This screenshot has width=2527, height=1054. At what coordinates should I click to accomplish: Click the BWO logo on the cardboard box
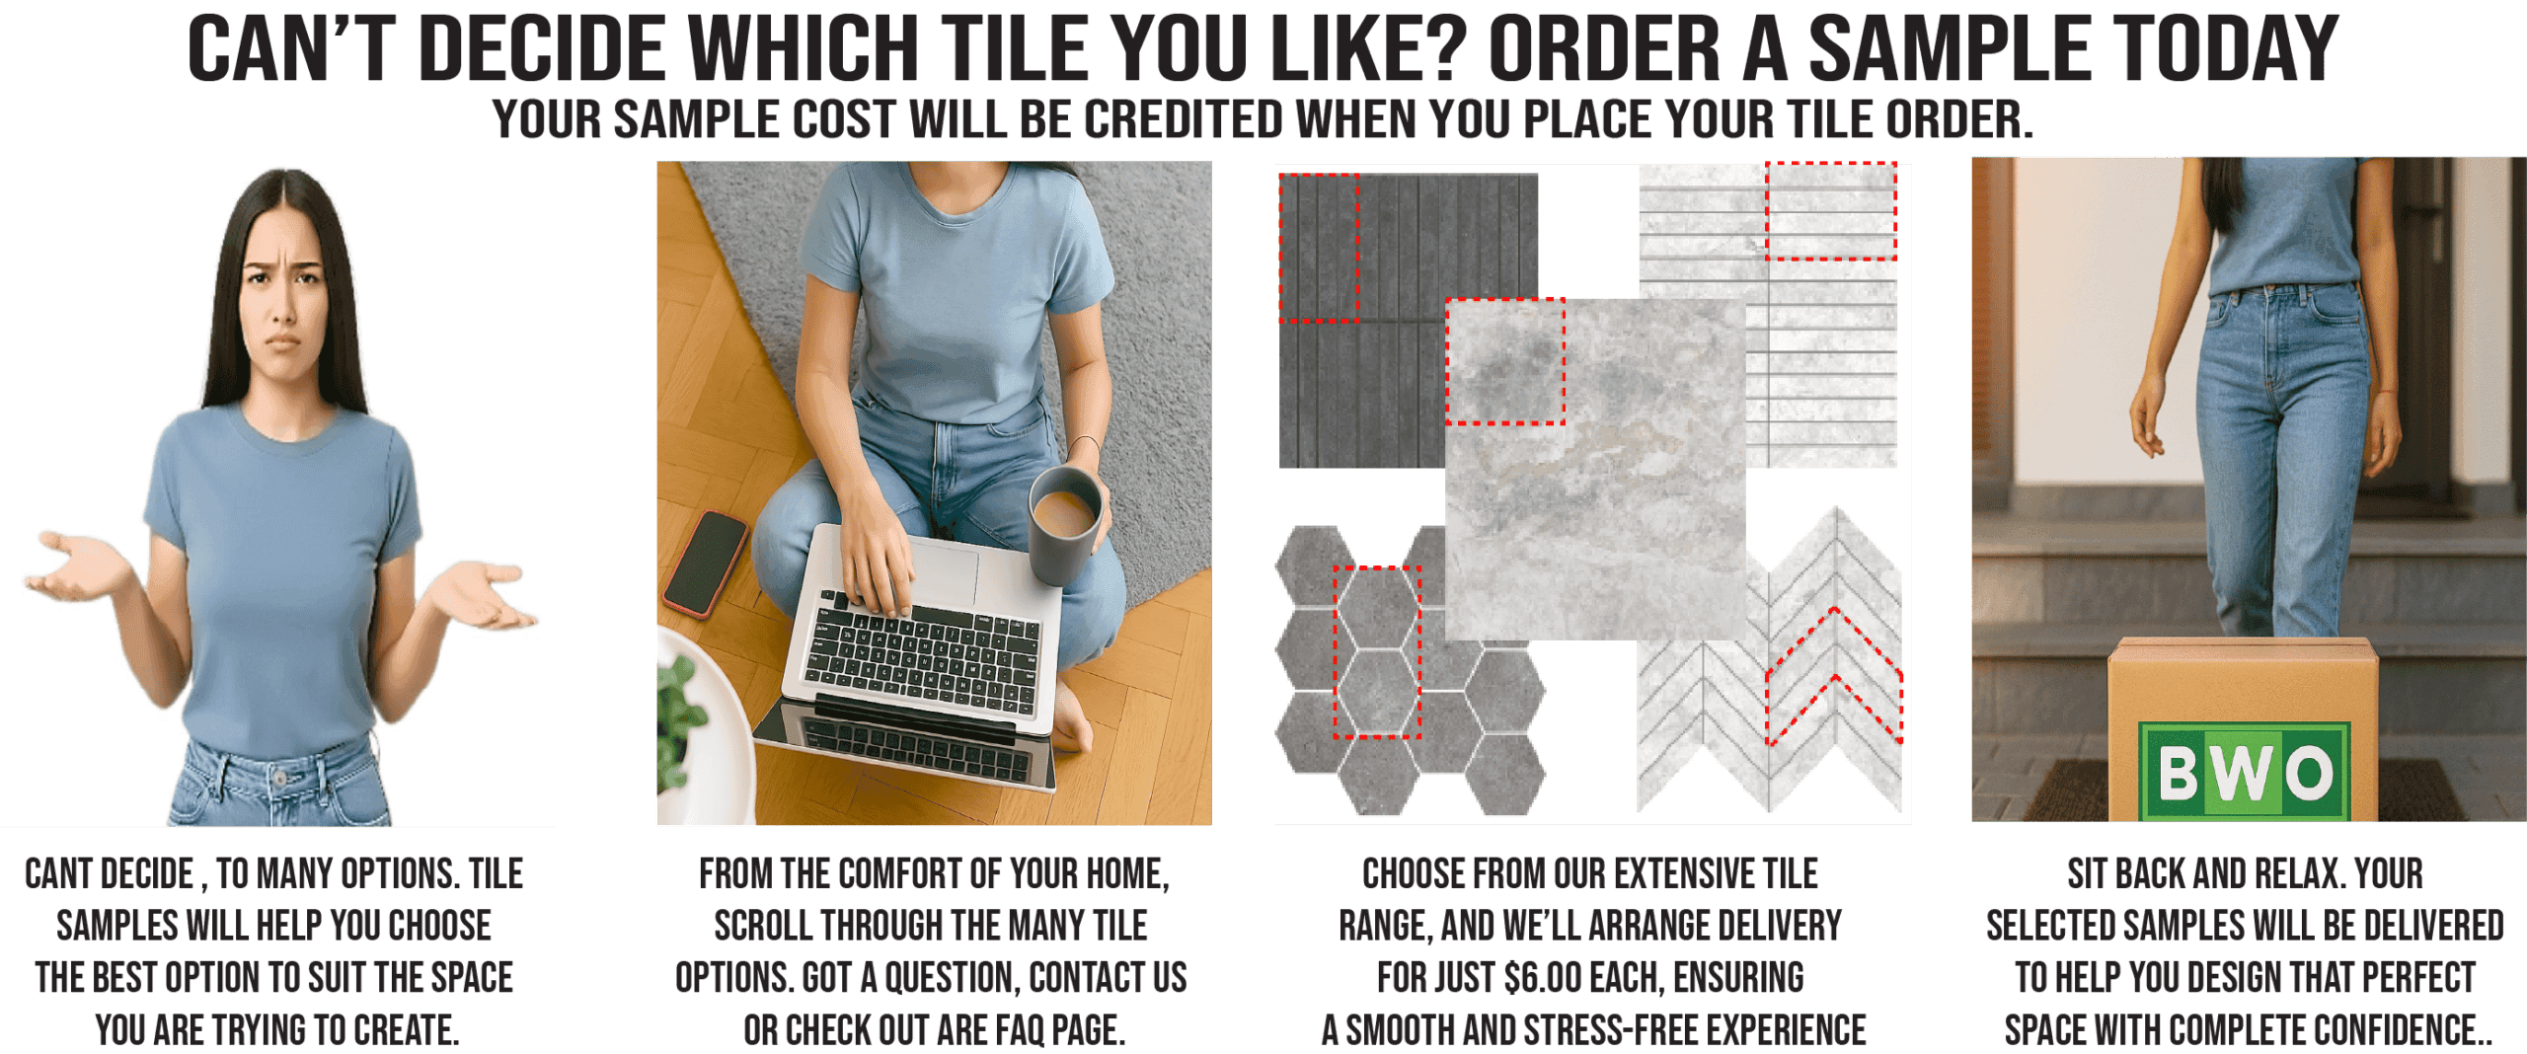(x=2244, y=770)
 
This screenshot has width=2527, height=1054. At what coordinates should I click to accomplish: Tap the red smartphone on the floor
(x=705, y=564)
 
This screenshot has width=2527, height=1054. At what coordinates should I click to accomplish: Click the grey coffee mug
(x=1064, y=523)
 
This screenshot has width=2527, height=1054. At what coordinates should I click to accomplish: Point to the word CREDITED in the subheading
(x=1184, y=119)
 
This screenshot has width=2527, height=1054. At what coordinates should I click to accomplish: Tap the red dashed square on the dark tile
(x=1319, y=248)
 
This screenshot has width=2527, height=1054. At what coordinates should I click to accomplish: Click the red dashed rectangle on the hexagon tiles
(x=1377, y=652)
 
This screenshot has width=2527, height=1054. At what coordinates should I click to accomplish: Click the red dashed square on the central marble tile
(x=1505, y=361)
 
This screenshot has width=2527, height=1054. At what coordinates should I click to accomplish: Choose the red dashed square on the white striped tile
(x=1831, y=211)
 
